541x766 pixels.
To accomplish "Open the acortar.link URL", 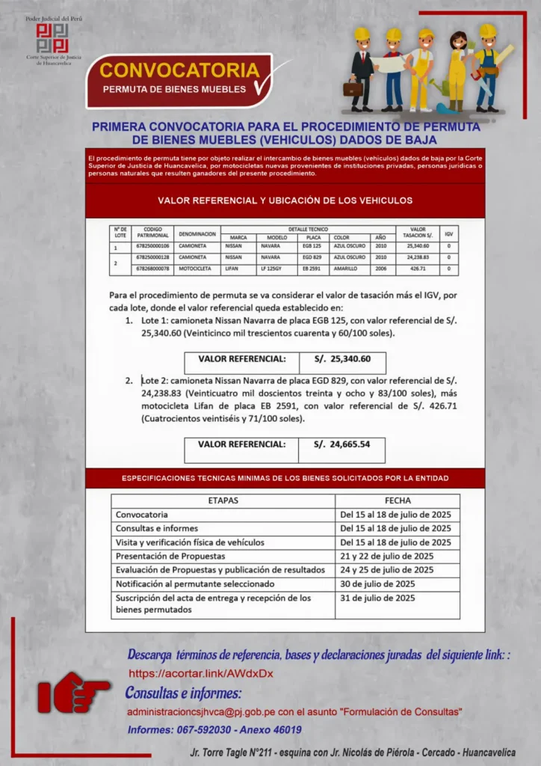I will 201,673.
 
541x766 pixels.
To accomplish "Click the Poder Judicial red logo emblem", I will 52,37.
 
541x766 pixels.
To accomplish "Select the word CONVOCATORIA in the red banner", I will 179,70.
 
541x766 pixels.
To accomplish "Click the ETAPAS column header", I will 223,500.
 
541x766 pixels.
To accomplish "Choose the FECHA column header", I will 398,500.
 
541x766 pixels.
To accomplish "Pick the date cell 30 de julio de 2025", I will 377,583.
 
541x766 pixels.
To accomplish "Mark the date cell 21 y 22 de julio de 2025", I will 386,556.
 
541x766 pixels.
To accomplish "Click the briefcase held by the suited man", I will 353,89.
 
